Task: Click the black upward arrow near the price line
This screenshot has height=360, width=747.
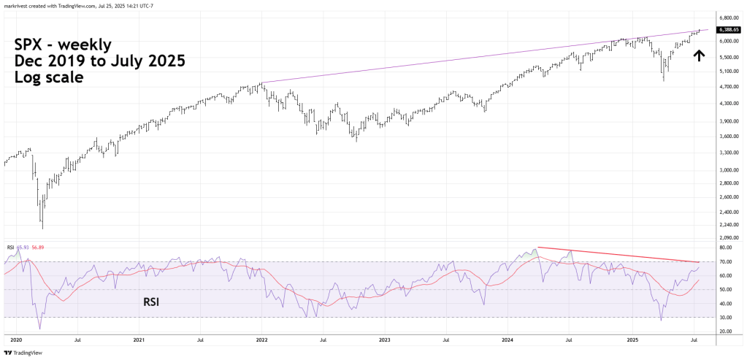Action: click(698, 55)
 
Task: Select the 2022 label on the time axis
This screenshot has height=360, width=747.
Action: click(261, 340)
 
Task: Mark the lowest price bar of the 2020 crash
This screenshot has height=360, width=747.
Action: click(42, 228)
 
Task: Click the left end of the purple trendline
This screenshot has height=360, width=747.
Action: click(261, 83)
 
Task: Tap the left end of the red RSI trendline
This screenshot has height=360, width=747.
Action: click(537, 248)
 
